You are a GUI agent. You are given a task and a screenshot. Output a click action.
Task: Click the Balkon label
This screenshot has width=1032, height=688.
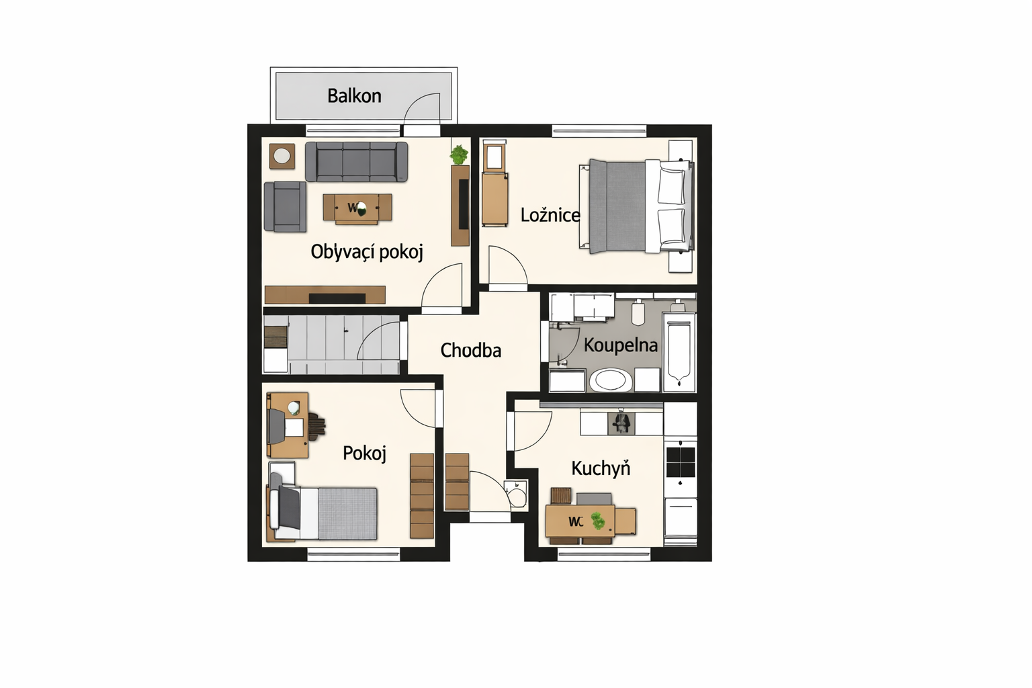[354, 96]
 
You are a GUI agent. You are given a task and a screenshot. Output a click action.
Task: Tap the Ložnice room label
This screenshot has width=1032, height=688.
[550, 215]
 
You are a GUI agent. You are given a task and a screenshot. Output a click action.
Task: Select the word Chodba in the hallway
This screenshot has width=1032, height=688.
[471, 350]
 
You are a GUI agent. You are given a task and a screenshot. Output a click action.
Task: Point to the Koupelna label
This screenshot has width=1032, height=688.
[621, 345]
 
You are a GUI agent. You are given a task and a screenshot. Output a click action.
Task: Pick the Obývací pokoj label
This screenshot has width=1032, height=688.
[367, 252]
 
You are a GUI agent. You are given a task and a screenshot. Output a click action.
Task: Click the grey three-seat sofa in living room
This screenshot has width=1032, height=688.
[357, 162]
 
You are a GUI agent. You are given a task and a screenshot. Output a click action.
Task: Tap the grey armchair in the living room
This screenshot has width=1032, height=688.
[285, 206]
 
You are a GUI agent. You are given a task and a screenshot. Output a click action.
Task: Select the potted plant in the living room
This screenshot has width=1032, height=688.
[459, 155]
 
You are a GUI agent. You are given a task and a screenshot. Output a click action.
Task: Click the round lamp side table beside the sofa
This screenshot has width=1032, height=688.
[282, 157]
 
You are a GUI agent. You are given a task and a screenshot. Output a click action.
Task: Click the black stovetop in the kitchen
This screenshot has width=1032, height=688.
[681, 462]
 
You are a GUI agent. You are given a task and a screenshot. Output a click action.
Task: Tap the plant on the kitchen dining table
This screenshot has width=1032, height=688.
[598, 521]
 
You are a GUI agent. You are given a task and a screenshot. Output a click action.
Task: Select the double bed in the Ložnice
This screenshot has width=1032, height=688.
[636, 206]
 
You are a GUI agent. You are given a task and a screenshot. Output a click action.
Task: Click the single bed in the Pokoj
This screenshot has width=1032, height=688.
[322, 513]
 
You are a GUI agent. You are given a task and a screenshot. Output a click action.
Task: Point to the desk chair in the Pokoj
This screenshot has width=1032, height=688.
[316, 426]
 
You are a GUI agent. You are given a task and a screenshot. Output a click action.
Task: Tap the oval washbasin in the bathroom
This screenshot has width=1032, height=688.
[611, 381]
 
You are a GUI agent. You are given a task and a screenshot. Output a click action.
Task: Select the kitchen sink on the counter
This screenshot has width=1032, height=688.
[621, 423]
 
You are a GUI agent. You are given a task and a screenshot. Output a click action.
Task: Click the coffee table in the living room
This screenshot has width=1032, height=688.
[357, 209]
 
